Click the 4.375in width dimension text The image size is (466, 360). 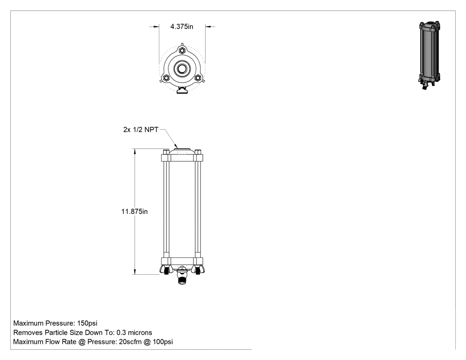pos(182,27)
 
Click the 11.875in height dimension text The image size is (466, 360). pos(134,211)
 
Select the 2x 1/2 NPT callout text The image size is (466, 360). pos(141,130)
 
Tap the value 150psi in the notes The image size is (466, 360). pos(87,323)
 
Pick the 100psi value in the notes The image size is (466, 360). pos(162,342)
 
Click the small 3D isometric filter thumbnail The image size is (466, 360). pos(429,55)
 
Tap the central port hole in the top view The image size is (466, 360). pos(182,69)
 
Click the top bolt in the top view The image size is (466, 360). pos(182,51)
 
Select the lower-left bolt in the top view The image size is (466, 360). pos(166,78)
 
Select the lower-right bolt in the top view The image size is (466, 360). pos(197,78)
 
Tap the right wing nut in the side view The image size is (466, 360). pos(197,269)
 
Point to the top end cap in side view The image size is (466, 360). pos(182,155)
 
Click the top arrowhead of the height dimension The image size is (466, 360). pos(134,151)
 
